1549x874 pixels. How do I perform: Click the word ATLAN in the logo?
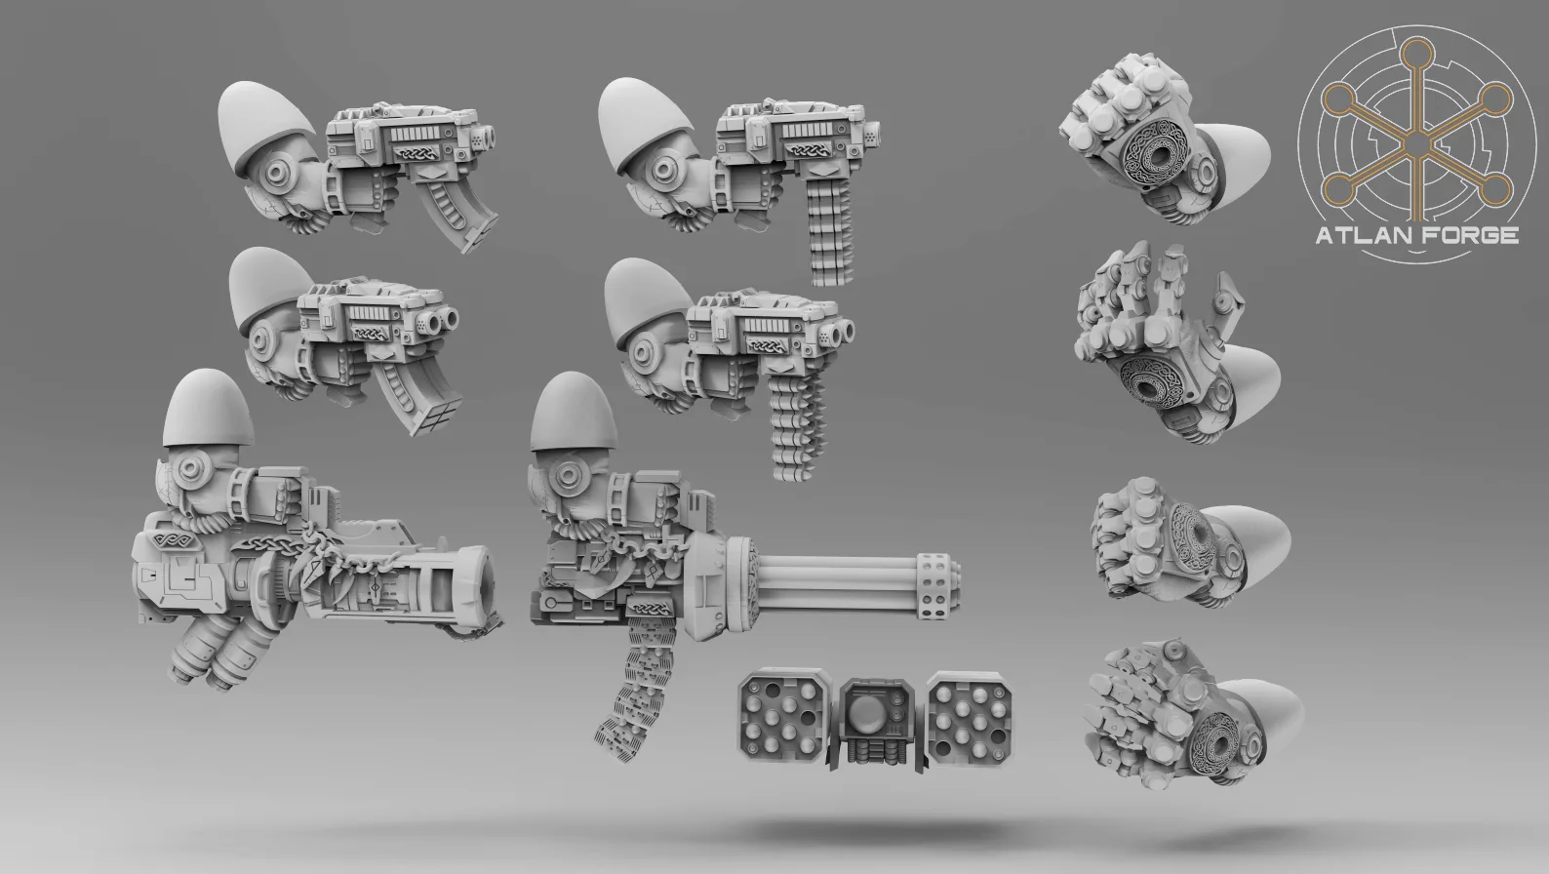coord(1362,235)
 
